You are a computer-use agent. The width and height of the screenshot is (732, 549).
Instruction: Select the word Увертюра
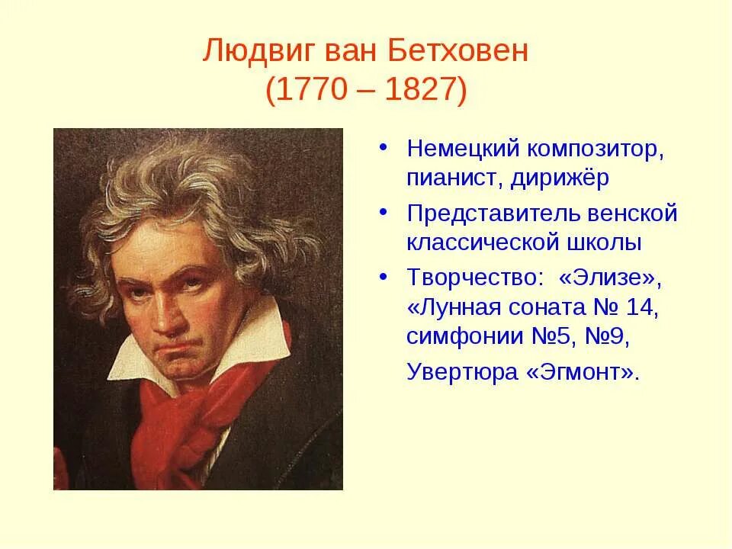tap(455, 372)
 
